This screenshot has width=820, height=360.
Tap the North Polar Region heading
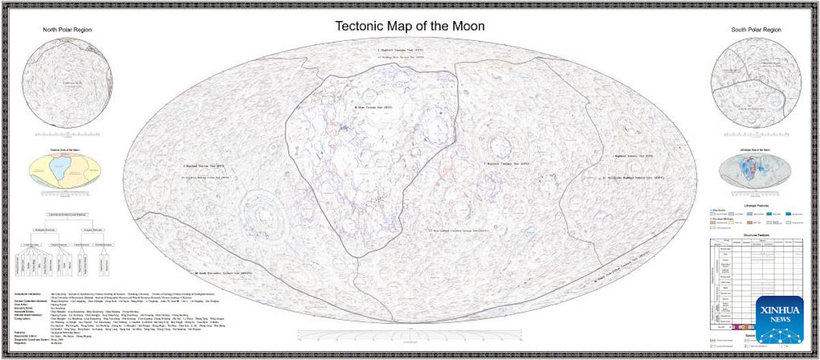67,30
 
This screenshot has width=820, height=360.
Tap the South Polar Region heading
756,30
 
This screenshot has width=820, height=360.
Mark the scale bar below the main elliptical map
410,334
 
